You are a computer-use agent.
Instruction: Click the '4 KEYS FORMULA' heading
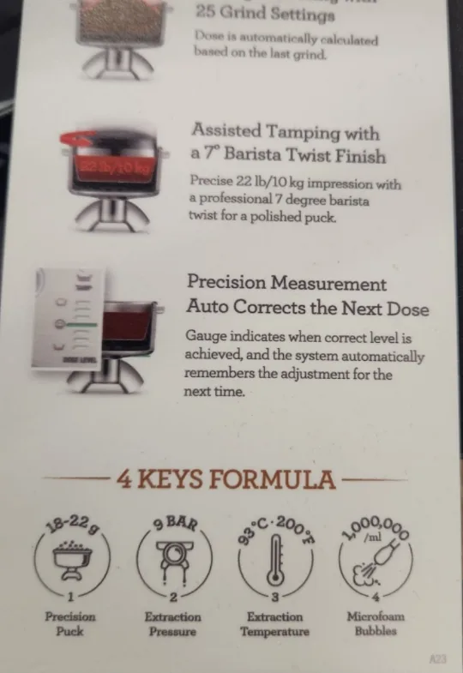pyautogui.click(x=225, y=478)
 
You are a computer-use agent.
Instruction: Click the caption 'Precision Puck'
pyautogui.click(x=70, y=623)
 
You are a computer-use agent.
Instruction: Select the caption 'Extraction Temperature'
pyautogui.click(x=275, y=623)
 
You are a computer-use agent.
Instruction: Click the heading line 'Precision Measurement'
pyautogui.click(x=286, y=284)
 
